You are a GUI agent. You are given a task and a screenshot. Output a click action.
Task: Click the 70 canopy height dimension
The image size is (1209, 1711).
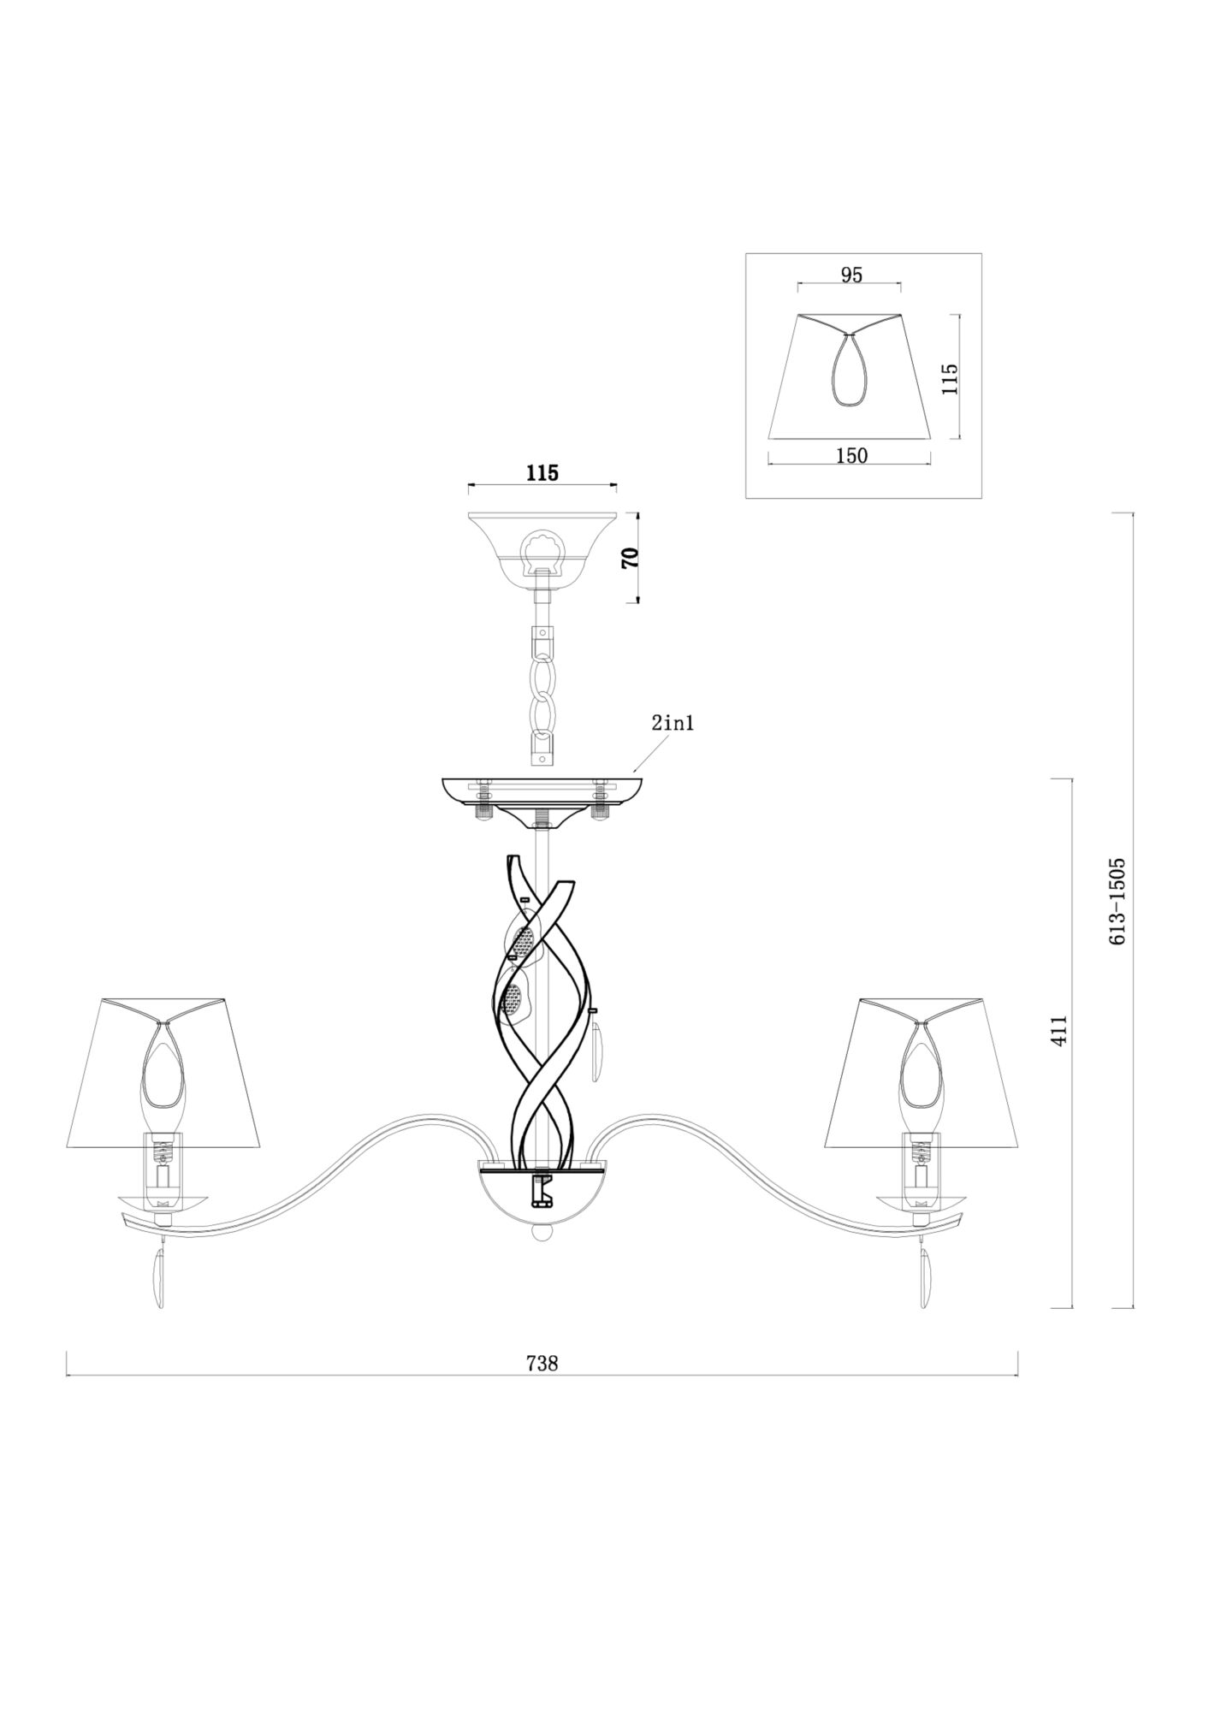(x=631, y=559)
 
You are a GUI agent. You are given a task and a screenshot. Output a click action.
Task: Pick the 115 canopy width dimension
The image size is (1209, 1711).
(x=542, y=473)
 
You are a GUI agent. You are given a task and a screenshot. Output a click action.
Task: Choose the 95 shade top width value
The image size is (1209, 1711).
(x=851, y=275)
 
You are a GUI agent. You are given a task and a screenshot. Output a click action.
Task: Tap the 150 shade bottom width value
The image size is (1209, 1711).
(x=851, y=456)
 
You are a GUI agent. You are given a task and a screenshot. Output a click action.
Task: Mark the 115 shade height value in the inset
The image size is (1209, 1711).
(x=949, y=378)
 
